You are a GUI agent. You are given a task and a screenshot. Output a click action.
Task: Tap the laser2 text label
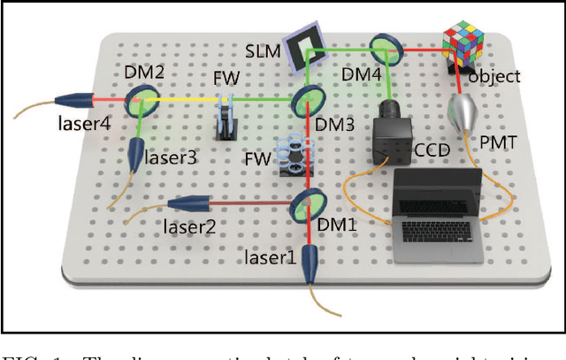[x=189, y=225]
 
